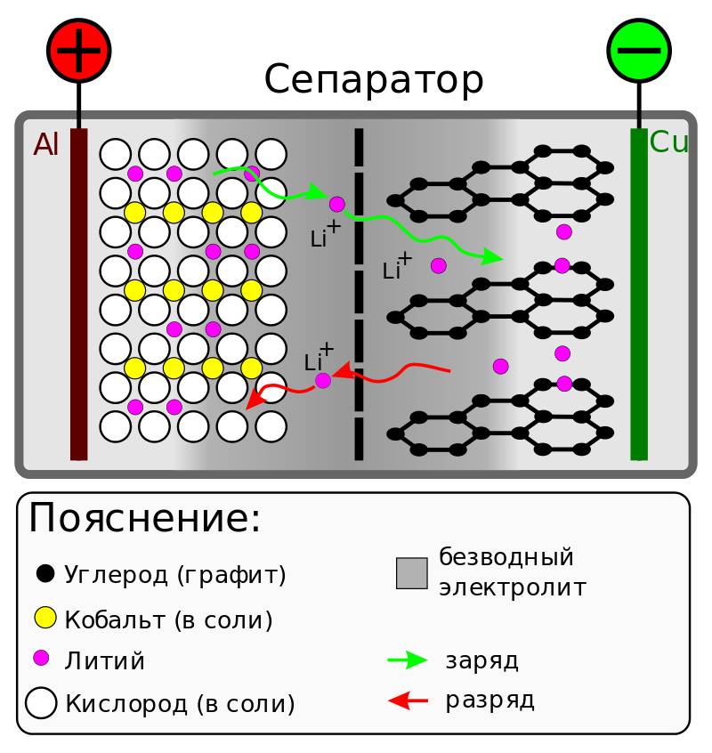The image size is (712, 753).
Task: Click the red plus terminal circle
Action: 78,49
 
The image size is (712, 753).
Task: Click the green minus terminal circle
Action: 638,49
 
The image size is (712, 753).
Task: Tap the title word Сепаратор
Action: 374,81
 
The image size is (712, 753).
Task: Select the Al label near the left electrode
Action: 46,145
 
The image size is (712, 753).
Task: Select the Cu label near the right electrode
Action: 669,142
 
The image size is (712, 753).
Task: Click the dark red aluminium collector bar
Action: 79,294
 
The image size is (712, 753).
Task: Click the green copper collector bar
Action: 639,294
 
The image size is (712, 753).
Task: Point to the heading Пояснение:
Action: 145,519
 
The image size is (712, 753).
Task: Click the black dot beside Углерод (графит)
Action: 44,573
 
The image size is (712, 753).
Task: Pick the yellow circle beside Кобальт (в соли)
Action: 44,617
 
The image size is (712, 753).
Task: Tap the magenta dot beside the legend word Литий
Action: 41,659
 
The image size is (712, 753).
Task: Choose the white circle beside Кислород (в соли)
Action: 41,702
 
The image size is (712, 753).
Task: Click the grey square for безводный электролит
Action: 412,572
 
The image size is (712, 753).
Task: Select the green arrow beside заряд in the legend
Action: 409,660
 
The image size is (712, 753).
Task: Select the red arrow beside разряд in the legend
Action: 409,701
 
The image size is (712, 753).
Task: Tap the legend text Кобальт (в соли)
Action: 168,619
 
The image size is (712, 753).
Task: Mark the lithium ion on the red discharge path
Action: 323,381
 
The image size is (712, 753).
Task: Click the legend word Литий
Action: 105,661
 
